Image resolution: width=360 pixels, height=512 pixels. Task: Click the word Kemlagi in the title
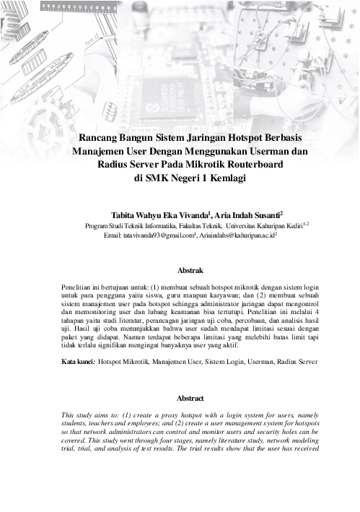tap(219, 178)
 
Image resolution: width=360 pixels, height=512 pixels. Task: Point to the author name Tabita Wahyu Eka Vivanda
tap(159, 215)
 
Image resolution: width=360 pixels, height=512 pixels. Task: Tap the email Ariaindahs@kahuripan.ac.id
tap(238, 235)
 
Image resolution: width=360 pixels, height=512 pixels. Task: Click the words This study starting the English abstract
tap(80, 415)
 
